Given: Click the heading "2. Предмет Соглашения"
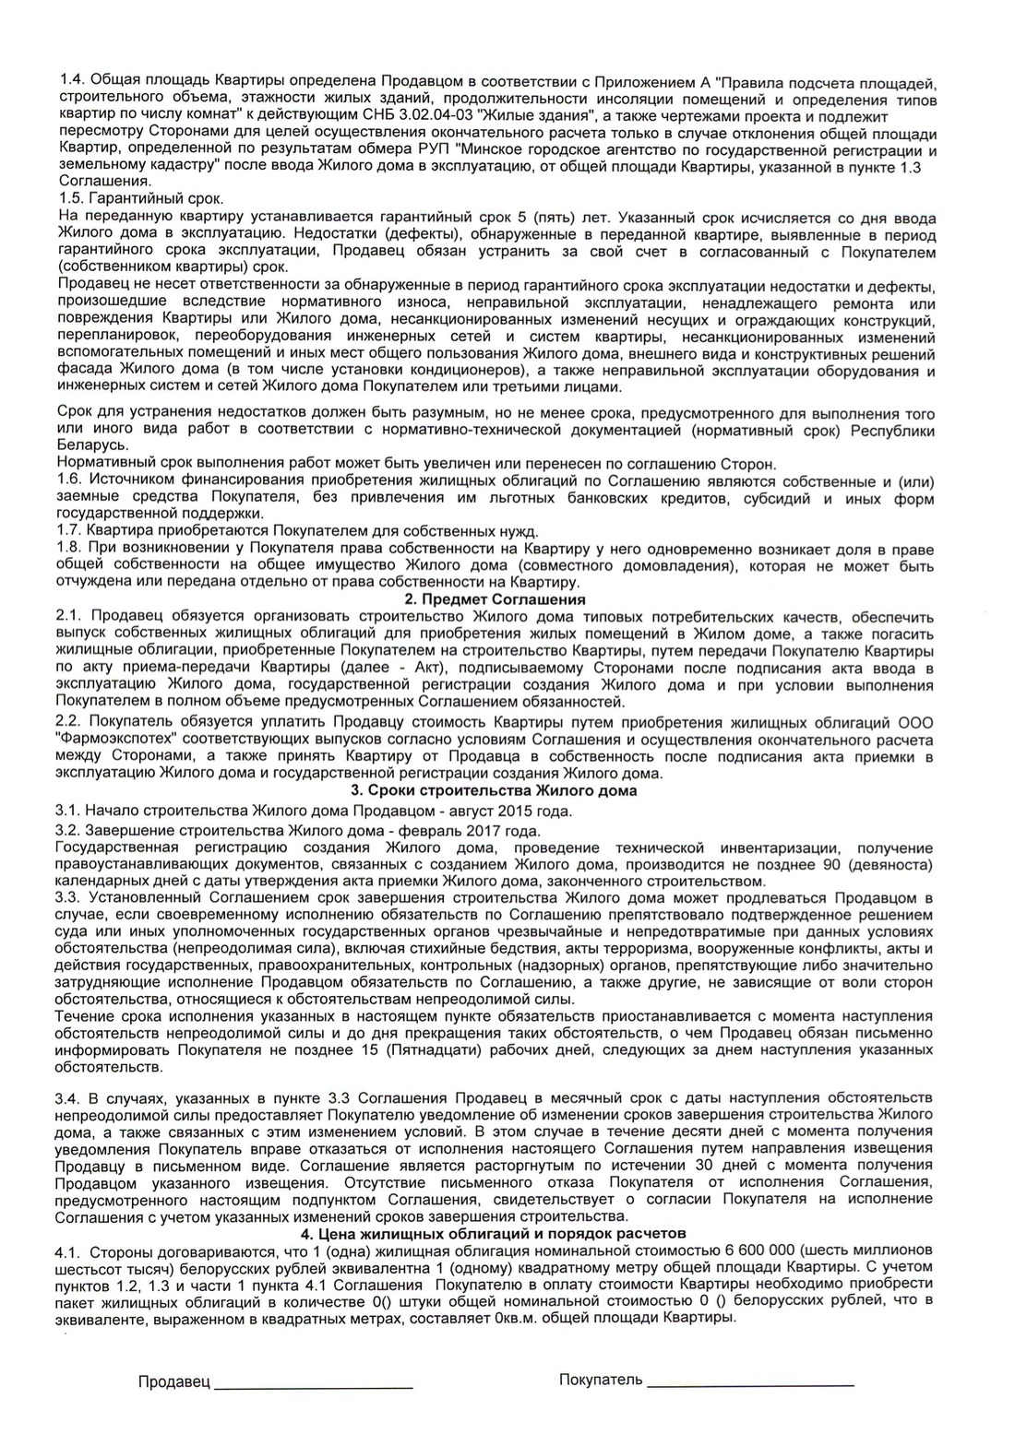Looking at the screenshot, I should tap(507, 599).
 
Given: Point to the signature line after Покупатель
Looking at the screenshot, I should tap(750, 1383).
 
